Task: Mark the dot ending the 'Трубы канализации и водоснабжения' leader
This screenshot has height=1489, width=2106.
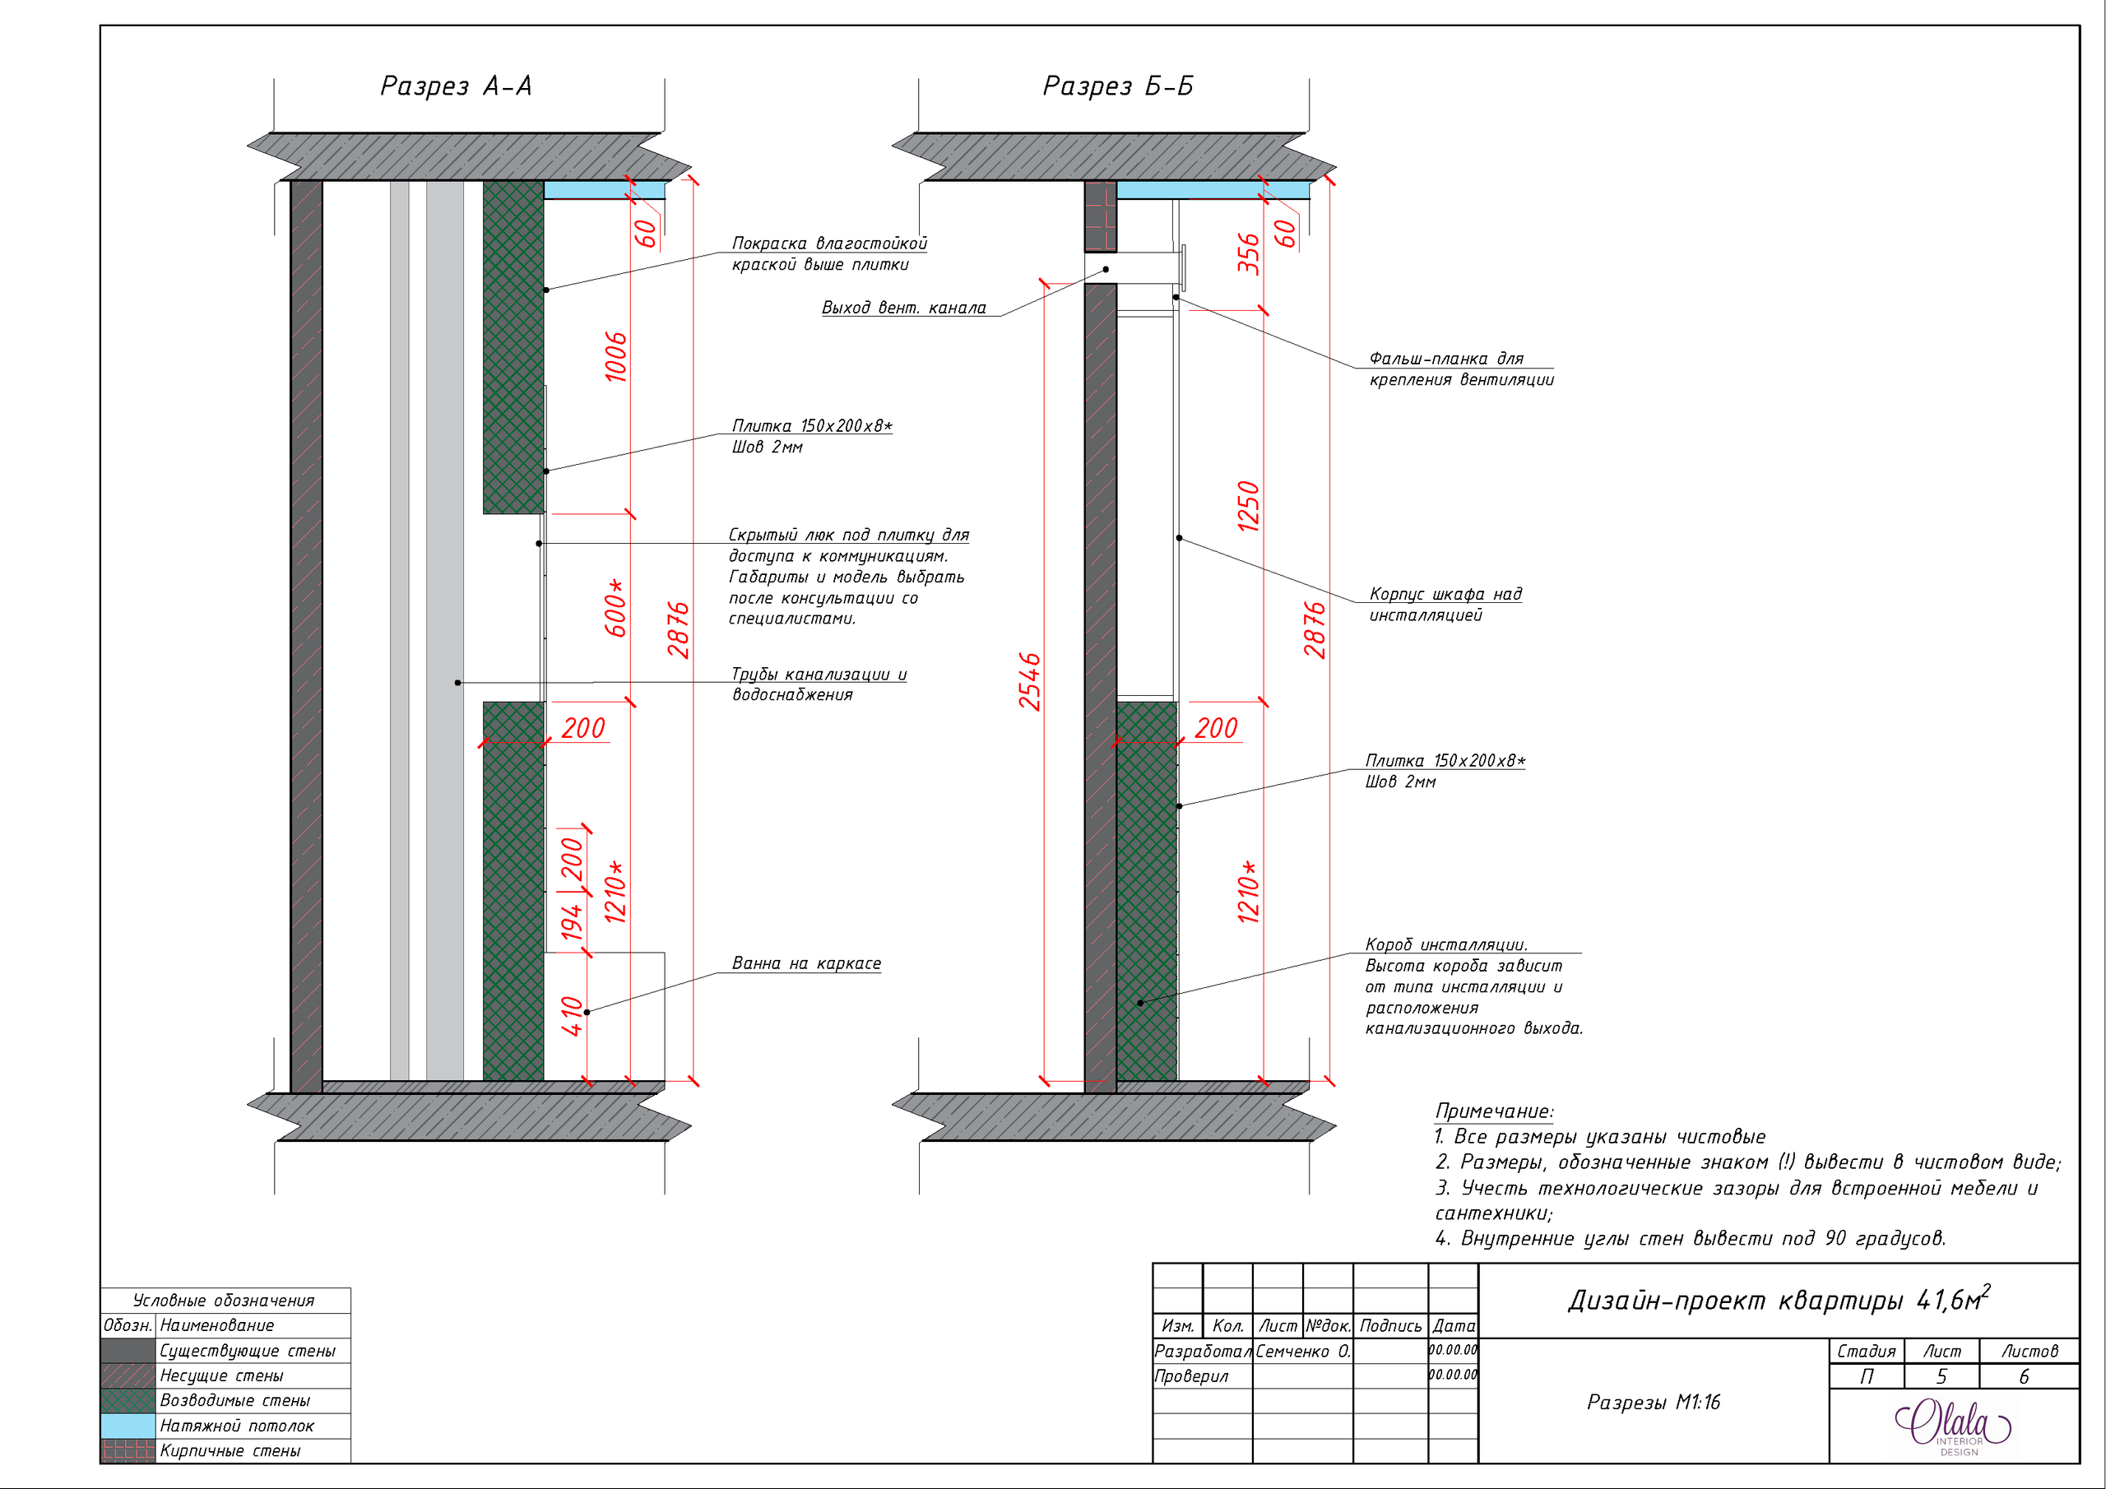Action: click(x=457, y=683)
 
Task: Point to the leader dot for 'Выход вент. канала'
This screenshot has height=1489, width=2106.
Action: click(x=1106, y=270)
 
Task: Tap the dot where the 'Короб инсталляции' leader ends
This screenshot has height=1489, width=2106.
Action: click(x=1140, y=1003)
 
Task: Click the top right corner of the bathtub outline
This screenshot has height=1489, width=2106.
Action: click(x=664, y=953)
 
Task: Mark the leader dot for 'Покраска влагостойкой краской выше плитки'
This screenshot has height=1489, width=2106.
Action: click(x=545, y=290)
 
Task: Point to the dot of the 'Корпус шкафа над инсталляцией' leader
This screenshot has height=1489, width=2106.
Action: click(x=1180, y=538)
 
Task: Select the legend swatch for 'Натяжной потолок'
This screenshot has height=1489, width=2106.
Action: click(x=128, y=1426)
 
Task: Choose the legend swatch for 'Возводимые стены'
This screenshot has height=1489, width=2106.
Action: click(x=128, y=1401)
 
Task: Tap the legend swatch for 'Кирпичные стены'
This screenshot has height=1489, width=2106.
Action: click(x=128, y=1450)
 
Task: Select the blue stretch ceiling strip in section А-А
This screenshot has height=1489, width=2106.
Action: click(x=605, y=190)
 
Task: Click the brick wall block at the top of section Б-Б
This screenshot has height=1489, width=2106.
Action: click(x=1101, y=216)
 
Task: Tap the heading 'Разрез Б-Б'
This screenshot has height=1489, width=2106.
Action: click(x=1118, y=86)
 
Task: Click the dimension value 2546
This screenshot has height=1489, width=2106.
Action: click(x=1030, y=682)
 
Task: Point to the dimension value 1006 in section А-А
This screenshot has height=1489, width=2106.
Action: click(x=616, y=357)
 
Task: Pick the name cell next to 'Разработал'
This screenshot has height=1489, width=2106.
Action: click(x=1303, y=1352)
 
